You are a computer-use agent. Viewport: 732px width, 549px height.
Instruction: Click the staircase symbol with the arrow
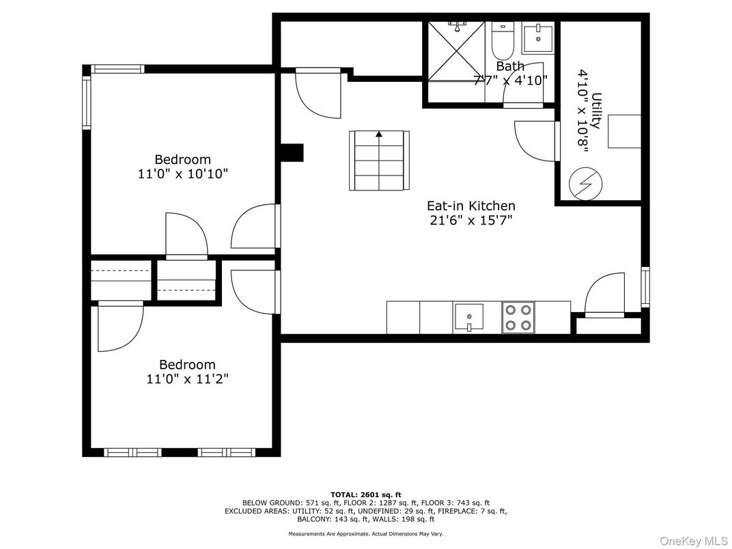[x=379, y=160]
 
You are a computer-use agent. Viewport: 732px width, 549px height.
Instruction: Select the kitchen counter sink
[x=468, y=317]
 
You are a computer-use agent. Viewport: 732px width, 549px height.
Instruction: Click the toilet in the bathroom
[x=502, y=40]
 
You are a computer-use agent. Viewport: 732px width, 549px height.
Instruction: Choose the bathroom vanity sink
[x=540, y=38]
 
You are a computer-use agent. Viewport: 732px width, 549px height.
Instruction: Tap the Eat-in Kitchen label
[x=470, y=206]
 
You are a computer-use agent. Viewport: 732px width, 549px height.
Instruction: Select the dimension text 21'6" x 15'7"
[x=470, y=220]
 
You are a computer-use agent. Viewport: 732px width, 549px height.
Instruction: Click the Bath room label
[x=510, y=66]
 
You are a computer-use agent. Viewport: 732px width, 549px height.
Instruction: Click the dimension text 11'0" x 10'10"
[x=182, y=174]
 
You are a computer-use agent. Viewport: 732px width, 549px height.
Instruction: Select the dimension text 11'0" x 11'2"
[x=187, y=379]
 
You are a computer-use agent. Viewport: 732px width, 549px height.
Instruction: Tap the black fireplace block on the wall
[x=292, y=153]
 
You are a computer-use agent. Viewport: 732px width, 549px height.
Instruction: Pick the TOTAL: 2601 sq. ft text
[x=366, y=494]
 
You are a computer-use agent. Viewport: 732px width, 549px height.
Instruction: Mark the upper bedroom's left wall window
[x=87, y=102]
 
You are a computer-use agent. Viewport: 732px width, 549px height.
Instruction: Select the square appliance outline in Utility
[x=624, y=131]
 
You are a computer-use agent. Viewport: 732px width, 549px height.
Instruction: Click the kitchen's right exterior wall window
[x=645, y=287]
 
